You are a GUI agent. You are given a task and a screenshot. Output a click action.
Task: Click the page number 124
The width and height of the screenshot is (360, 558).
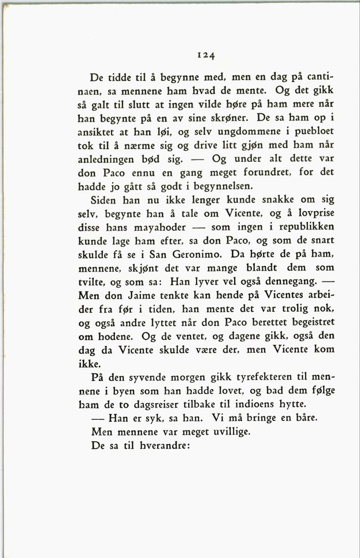coord(205,56)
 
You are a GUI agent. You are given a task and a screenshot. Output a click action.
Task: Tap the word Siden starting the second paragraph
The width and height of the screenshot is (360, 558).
coord(106,199)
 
